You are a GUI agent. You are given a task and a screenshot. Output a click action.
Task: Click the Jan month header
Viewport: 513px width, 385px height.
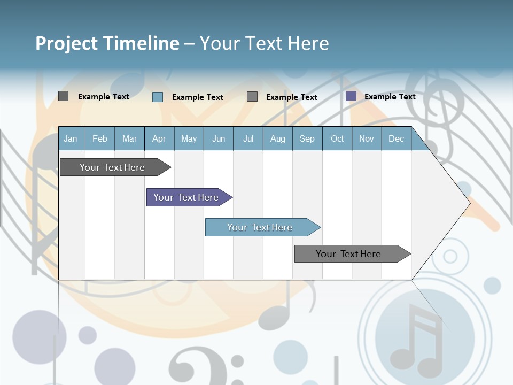tap(71, 138)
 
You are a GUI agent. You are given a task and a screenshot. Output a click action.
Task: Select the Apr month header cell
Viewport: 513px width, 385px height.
tap(159, 138)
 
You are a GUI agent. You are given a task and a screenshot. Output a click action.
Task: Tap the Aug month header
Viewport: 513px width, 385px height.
tap(277, 138)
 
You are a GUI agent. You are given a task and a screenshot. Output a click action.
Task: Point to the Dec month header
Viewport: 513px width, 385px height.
tap(396, 138)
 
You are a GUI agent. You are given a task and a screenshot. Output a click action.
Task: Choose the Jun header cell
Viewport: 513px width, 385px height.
tap(218, 138)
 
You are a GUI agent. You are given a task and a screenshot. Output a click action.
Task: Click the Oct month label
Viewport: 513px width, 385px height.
tap(337, 138)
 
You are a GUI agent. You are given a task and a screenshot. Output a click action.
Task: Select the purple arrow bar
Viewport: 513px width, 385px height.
tap(187, 197)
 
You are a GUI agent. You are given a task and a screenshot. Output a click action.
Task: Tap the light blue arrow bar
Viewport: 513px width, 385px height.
tap(261, 227)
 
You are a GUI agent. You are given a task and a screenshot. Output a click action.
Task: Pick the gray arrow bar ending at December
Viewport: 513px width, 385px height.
tap(350, 254)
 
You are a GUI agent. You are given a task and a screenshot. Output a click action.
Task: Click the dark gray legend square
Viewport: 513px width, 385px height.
tap(63, 96)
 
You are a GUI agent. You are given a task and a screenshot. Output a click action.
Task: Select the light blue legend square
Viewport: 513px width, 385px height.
tap(158, 97)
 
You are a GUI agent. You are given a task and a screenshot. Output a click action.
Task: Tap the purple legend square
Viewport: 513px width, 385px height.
tap(351, 96)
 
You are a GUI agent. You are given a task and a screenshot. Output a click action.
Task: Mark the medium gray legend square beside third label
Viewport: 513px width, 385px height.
tap(252, 96)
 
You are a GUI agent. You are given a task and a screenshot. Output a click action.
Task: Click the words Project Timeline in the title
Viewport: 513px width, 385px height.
tap(107, 43)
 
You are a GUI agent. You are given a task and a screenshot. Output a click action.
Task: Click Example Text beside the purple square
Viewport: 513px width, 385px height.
tap(390, 97)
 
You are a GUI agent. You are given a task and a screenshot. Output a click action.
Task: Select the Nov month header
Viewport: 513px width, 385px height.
tap(366, 138)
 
